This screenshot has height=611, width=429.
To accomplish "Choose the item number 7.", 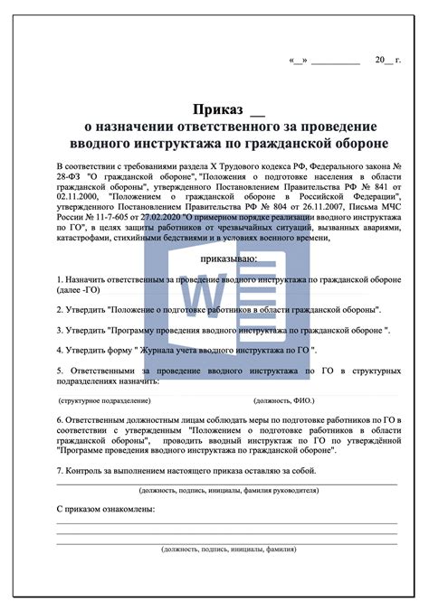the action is click(59, 471).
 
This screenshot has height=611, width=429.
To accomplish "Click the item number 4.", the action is click(59, 349).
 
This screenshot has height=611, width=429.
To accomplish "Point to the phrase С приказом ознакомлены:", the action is click(106, 510).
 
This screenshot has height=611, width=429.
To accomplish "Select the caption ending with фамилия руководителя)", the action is click(228, 491).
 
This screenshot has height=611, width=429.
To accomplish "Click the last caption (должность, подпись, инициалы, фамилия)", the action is click(228, 549).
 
